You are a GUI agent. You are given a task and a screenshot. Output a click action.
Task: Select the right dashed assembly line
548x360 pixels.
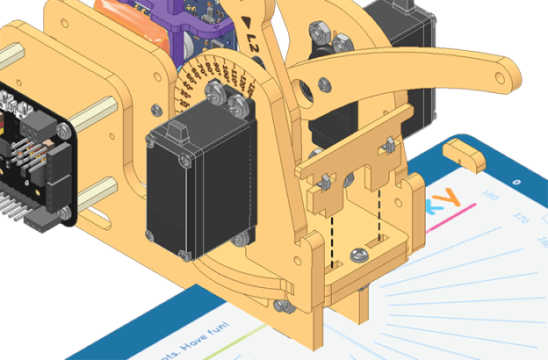pos(379,215)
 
